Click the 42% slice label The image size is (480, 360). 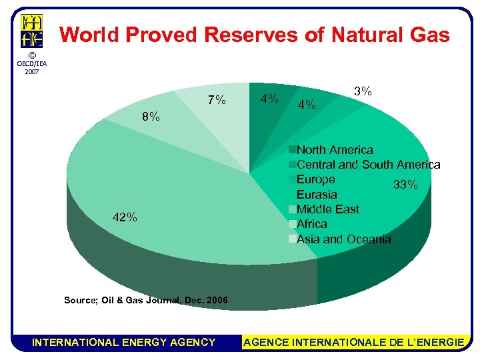coord(125,217)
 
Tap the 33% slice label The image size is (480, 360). coord(405,185)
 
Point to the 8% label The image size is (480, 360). coord(151,117)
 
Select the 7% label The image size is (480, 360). coord(217,101)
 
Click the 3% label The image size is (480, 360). coord(363,91)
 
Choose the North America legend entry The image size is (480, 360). coord(334,150)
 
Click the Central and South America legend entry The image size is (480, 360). coord(367,165)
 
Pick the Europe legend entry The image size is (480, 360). coord(315,179)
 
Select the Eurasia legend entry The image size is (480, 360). coord(317,195)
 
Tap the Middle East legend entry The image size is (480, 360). coord(327,209)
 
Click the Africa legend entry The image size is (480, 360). coord(311,224)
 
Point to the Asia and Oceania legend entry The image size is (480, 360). coord(343,239)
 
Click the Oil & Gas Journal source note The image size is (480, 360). coord(145,301)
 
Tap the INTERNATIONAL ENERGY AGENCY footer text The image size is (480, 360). coord(124,342)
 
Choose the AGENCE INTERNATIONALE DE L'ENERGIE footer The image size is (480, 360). coord(354,342)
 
